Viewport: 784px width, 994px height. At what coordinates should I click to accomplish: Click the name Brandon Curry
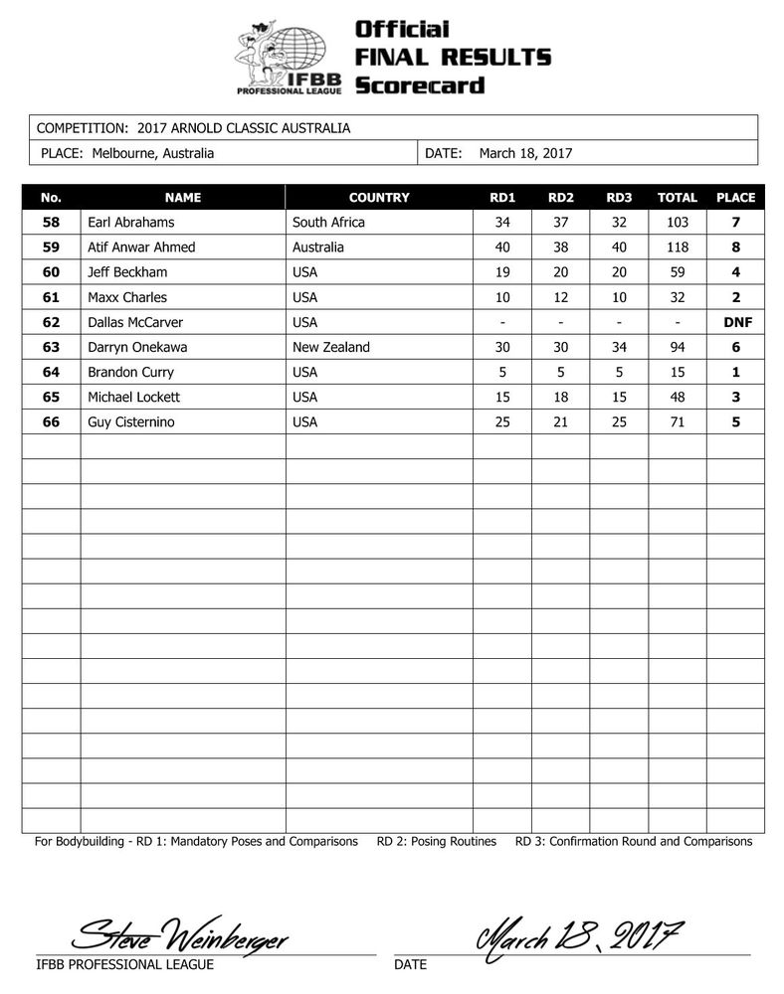point(131,373)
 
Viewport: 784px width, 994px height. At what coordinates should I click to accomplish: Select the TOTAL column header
point(678,198)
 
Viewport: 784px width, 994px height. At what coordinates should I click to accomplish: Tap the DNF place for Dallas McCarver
point(735,322)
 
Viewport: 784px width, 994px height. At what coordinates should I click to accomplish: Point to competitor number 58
point(51,223)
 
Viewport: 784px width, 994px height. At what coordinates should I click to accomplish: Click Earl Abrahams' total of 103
point(678,223)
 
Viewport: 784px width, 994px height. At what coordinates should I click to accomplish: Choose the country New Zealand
point(331,347)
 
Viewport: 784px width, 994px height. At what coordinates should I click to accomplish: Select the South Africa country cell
point(328,223)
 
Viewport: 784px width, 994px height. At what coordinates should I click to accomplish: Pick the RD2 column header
point(560,198)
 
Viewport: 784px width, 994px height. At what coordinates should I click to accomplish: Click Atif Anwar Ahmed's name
point(140,248)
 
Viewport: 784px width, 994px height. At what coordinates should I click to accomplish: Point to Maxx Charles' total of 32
point(678,297)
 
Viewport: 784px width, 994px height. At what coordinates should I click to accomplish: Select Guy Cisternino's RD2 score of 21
point(560,422)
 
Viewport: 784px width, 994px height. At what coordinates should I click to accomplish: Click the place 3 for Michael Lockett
point(735,398)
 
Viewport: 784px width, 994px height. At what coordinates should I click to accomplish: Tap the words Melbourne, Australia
point(152,153)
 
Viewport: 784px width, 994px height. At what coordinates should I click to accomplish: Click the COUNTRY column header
point(379,198)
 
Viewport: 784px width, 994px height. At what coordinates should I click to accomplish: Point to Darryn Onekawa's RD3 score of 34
point(619,347)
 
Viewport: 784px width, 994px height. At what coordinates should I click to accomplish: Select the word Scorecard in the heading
point(420,85)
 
